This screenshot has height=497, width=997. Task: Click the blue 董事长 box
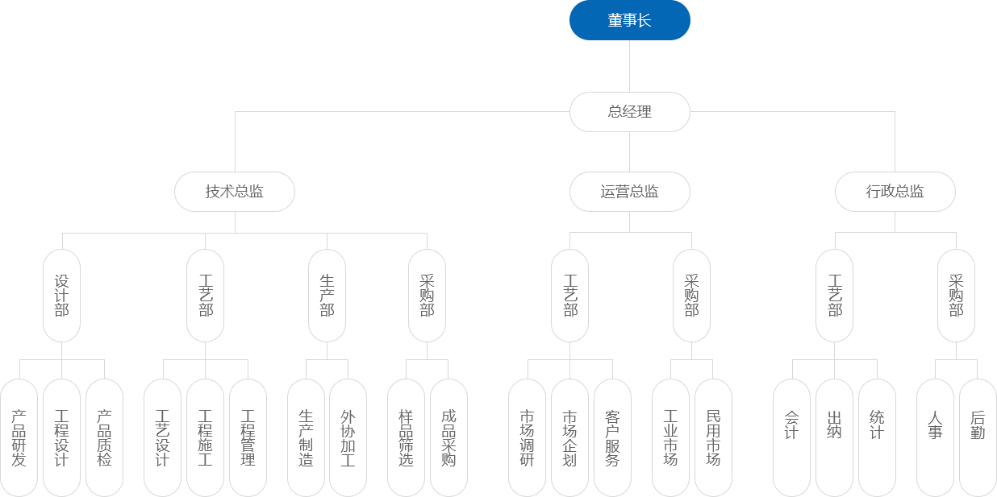tap(629, 21)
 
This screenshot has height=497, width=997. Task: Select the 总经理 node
tap(629, 112)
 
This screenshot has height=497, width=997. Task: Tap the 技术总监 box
tap(235, 192)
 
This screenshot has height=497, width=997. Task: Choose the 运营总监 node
tap(629, 192)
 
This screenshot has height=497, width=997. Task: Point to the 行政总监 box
tap(895, 192)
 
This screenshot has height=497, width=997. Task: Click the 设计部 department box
tap(62, 296)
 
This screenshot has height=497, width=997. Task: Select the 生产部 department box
tap(327, 296)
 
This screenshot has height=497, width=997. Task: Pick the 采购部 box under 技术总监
tap(427, 296)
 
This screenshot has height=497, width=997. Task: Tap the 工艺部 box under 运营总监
tap(570, 296)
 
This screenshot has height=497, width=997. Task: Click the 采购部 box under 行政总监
tap(956, 296)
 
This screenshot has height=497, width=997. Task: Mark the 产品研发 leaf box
tap(19, 438)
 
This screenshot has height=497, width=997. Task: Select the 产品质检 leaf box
tap(104, 438)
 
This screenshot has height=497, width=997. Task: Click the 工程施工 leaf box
tap(205, 438)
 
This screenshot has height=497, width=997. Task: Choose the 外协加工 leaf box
tap(348, 438)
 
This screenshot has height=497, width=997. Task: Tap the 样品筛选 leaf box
tap(406, 438)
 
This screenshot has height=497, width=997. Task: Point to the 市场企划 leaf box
tap(570, 438)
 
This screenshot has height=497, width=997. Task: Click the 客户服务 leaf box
tap(612, 438)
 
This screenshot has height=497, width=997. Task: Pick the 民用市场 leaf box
tap(713, 438)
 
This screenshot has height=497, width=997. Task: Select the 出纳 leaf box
tap(834, 438)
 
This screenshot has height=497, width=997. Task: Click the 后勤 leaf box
tap(978, 438)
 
